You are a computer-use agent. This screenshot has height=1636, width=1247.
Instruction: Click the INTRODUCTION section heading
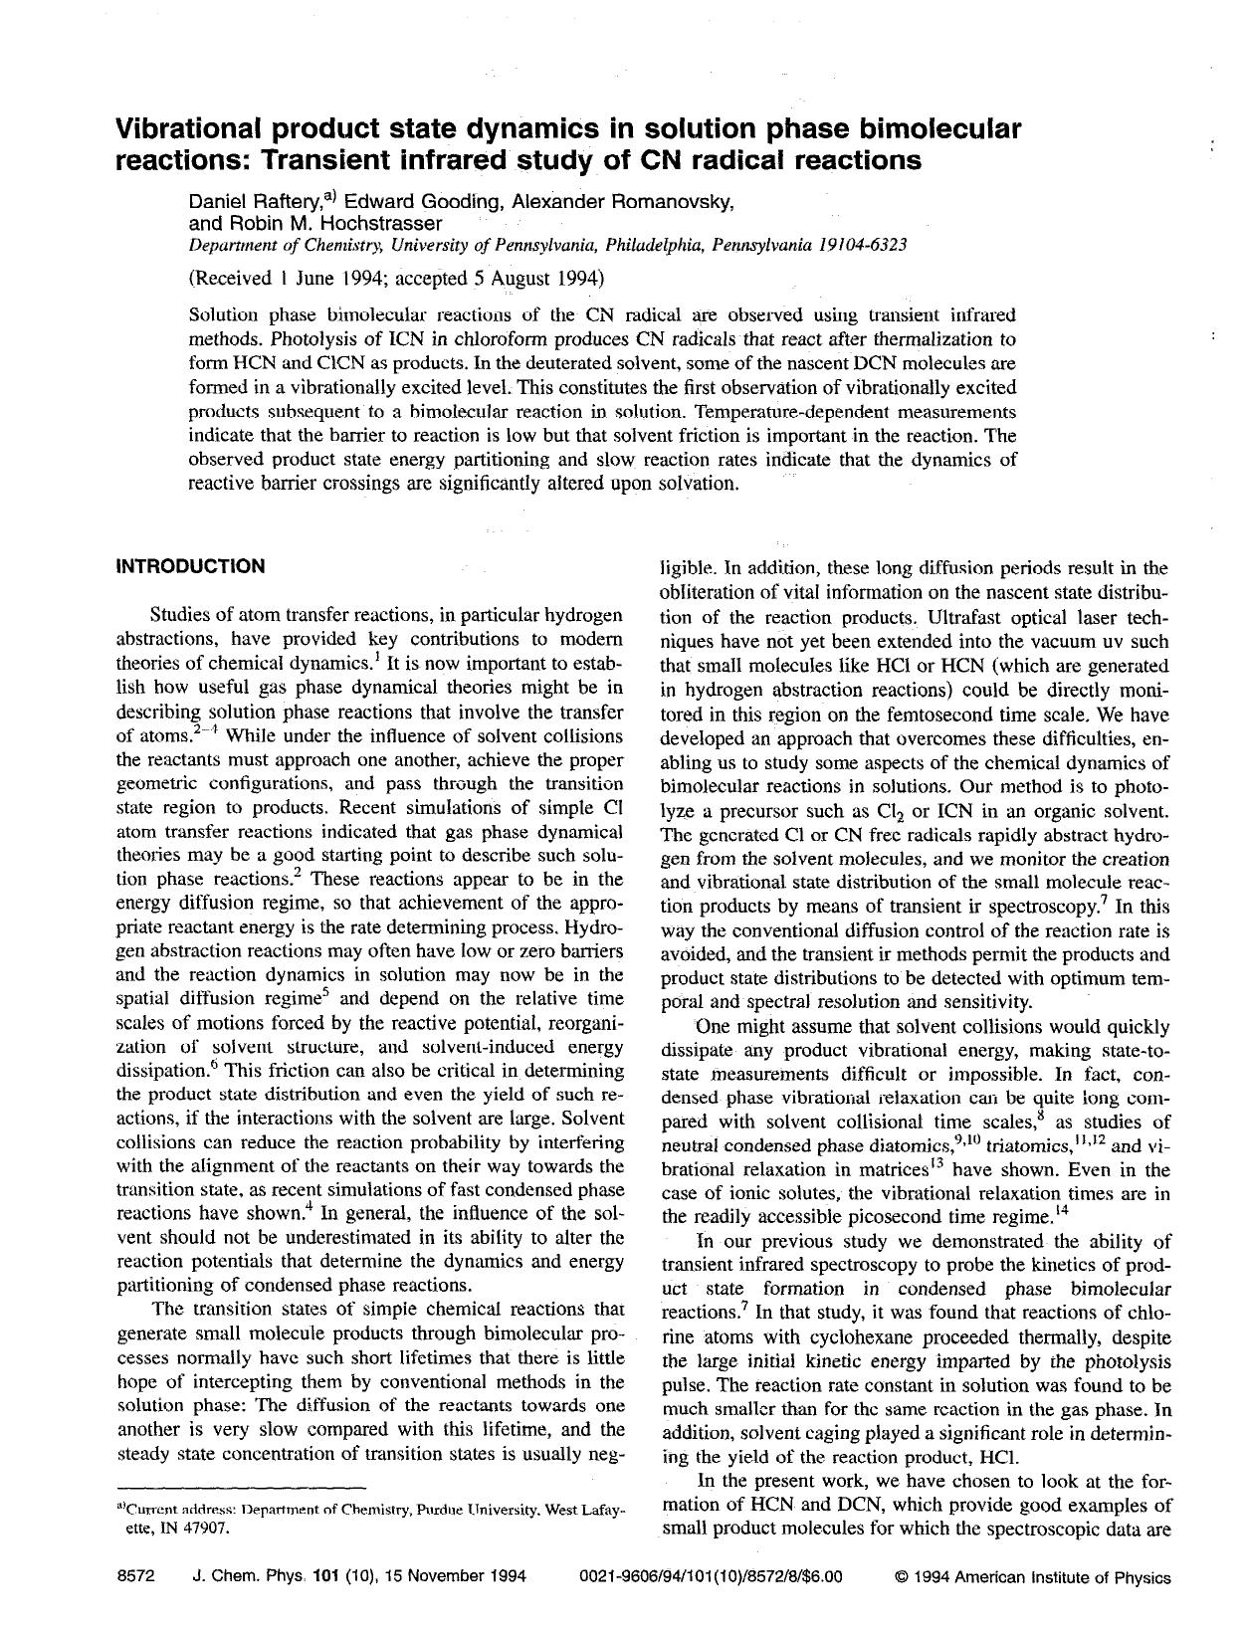[190, 567]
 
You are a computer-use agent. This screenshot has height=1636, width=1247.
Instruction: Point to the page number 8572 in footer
[135, 1577]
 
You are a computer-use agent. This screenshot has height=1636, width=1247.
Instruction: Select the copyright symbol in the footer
[901, 1577]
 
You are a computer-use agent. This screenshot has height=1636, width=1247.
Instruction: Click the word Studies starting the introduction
[180, 615]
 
